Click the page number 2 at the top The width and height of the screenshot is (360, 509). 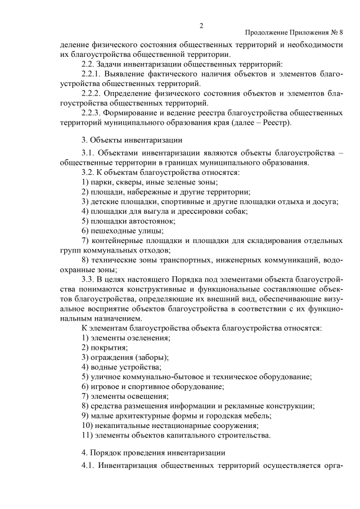201,25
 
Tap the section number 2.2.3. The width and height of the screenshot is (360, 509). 93,113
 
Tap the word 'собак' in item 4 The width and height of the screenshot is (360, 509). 236,211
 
